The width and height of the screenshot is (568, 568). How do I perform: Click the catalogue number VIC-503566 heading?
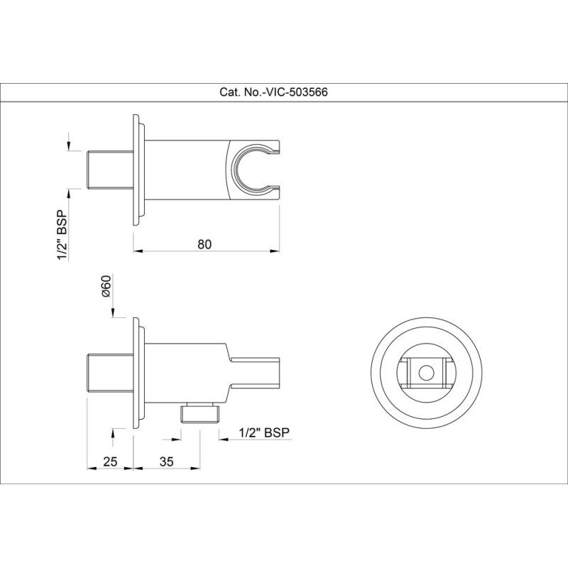click(273, 92)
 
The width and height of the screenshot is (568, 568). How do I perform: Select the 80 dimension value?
click(204, 244)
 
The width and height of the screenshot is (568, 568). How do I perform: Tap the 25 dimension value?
click(110, 461)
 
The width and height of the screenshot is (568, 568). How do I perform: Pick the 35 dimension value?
click(166, 461)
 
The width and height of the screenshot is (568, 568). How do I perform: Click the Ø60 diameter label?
click(105, 286)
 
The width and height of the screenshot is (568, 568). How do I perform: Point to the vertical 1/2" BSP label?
click(62, 235)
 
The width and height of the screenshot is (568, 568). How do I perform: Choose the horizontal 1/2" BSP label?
click(264, 432)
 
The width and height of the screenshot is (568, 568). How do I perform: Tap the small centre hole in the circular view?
click(426, 373)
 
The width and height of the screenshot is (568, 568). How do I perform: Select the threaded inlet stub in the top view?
click(111, 170)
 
